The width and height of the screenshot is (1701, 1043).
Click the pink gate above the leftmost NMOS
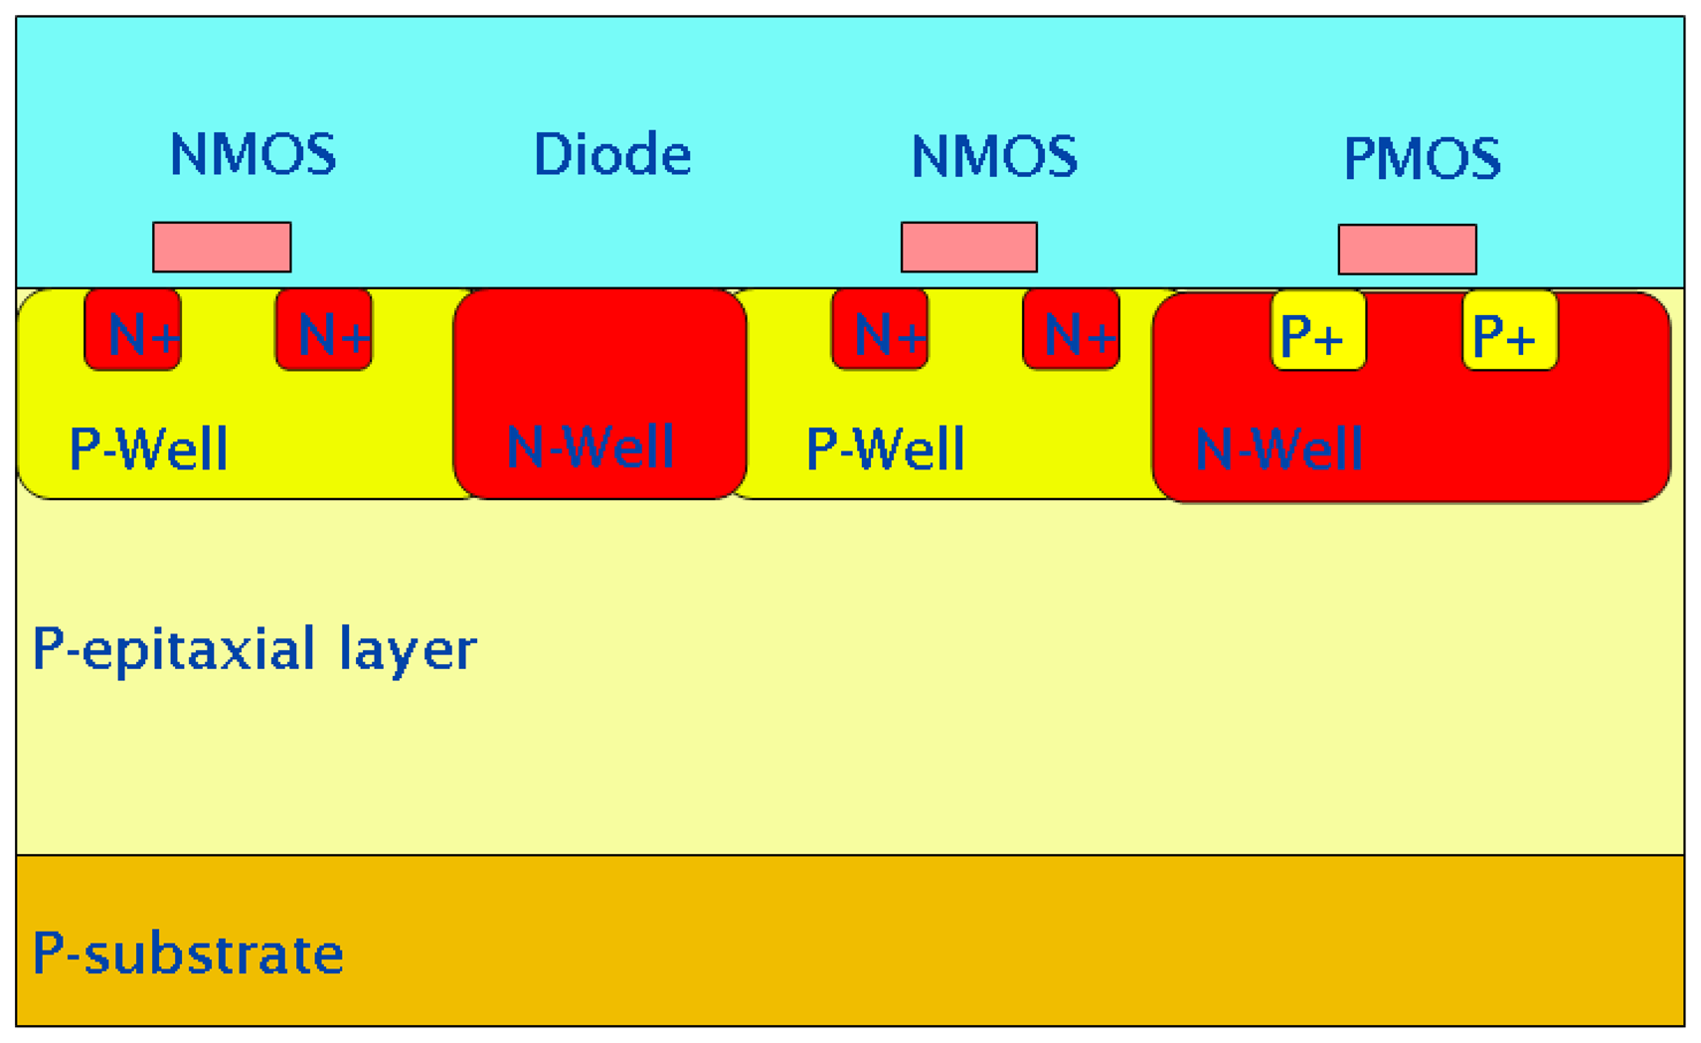tap(222, 247)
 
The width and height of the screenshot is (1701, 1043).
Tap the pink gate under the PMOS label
tap(1407, 249)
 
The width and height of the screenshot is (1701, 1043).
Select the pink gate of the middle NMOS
tap(968, 247)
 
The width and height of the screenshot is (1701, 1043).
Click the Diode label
tap(611, 155)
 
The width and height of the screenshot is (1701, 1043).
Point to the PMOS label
tap(1422, 158)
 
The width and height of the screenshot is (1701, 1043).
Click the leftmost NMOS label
tap(253, 155)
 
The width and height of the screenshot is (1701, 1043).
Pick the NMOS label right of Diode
tap(994, 157)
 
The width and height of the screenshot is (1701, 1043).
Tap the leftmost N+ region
tap(133, 331)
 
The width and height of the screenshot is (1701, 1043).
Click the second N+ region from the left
tap(324, 331)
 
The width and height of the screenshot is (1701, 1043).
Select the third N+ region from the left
tap(880, 331)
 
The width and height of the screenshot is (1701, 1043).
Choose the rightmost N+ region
tap(1071, 331)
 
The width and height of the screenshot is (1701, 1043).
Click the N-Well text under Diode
tap(591, 446)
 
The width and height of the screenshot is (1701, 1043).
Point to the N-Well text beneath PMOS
tap(1278, 449)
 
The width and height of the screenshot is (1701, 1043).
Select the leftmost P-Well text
tap(148, 448)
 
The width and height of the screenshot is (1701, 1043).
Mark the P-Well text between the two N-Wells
tap(885, 448)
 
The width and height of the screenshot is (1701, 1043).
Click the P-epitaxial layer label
tap(255, 649)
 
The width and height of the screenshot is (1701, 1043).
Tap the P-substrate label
tap(188, 953)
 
